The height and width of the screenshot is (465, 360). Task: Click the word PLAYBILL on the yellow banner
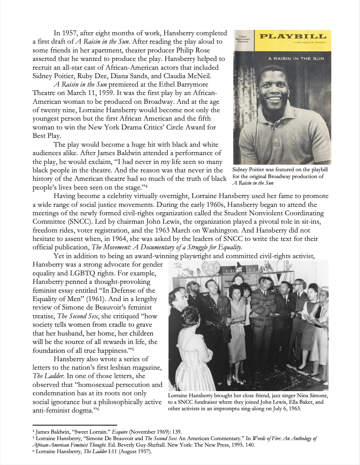pos(293,37)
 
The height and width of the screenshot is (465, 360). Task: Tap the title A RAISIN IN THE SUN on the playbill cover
pos(296,59)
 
